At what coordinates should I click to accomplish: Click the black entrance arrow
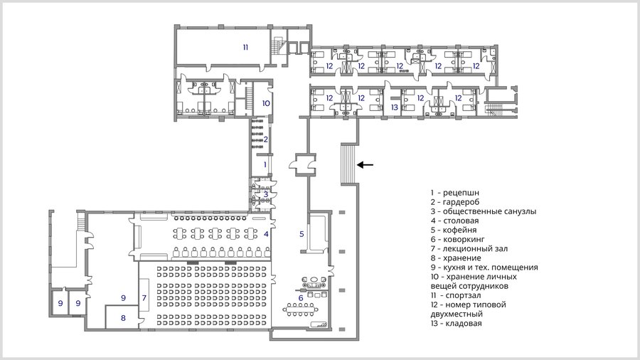(366, 165)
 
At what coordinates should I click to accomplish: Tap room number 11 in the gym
(245, 48)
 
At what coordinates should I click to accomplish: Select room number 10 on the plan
(266, 103)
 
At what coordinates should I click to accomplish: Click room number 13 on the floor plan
(394, 107)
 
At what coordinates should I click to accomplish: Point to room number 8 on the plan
(123, 318)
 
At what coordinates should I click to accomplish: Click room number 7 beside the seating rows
(144, 298)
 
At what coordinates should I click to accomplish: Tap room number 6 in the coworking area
(301, 298)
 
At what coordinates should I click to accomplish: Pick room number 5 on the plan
(302, 234)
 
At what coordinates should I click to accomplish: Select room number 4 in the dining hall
(266, 234)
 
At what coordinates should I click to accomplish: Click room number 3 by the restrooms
(266, 194)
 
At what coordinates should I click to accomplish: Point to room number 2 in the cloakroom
(266, 139)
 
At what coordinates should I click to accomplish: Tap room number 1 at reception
(265, 164)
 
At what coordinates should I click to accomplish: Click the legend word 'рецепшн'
(461, 193)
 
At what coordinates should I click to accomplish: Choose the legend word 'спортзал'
(463, 295)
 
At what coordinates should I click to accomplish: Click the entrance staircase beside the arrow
(349, 164)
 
